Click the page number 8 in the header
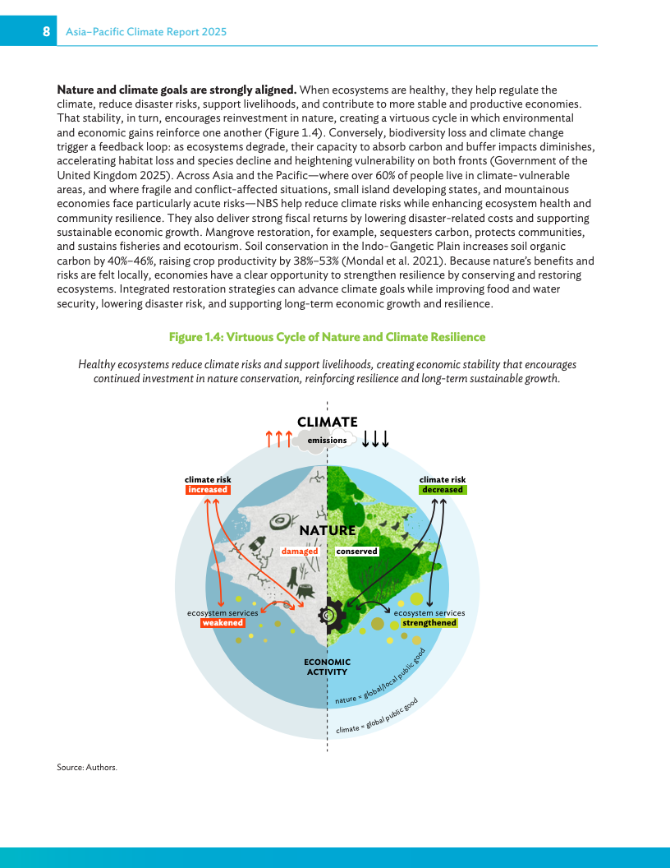48,32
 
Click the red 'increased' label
207,490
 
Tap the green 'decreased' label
443,490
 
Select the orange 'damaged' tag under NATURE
300,552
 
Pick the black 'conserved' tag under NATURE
356,552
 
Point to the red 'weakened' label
223,623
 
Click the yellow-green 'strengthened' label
429,623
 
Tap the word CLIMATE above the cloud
327,422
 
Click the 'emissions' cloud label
327,441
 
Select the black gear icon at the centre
328,613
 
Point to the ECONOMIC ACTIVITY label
327,667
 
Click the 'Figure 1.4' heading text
327,337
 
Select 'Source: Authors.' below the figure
87,767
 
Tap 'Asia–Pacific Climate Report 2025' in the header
146,32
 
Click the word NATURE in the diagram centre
327,531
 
